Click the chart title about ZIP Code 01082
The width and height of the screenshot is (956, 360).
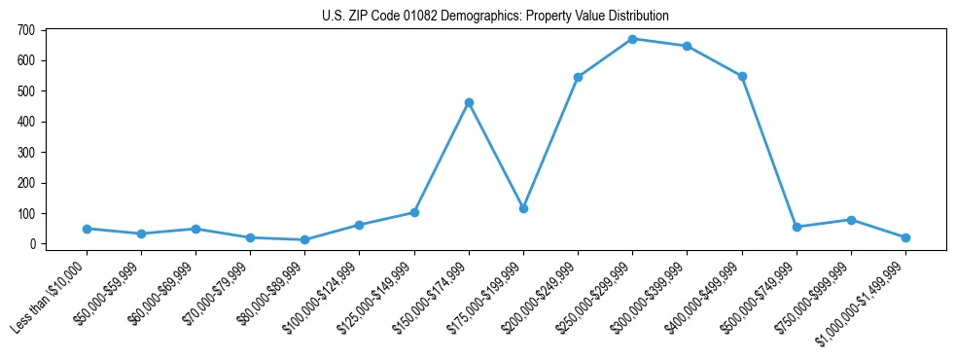click(x=495, y=16)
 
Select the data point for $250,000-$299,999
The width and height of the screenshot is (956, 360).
click(x=632, y=39)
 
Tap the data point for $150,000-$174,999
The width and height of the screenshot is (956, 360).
click(x=469, y=102)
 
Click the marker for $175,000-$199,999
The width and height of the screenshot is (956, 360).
click(x=523, y=208)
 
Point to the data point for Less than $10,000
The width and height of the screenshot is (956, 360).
click(x=87, y=229)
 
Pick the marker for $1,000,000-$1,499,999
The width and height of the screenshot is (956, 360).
click(x=905, y=237)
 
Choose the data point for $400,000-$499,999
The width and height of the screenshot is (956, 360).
click(x=742, y=76)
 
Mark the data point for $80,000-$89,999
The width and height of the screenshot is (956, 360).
click(x=305, y=239)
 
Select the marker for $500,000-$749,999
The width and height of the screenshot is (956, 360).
click(x=797, y=227)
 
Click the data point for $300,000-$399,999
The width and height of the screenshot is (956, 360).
click(x=687, y=46)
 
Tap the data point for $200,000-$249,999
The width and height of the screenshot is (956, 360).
click(x=578, y=77)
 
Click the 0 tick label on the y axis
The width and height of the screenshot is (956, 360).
click(x=32, y=244)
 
